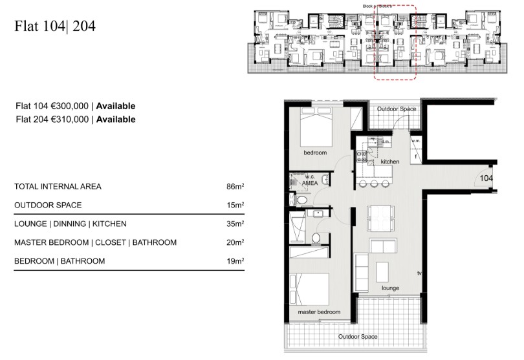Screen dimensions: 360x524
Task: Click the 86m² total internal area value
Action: (x=235, y=187)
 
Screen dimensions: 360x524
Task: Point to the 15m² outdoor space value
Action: (x=235, y=206)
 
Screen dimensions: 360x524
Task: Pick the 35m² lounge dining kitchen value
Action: (x=235, y=224)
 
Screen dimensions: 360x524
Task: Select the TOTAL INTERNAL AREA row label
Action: (x=58, y=187)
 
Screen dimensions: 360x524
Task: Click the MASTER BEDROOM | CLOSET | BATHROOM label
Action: (x=95, y=242)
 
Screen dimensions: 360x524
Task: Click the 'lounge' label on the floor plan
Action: (x=390, y=288)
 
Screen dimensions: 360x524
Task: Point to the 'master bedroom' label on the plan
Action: (x=319, y=312)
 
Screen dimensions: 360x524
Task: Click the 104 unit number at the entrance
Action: (x=486, y=178)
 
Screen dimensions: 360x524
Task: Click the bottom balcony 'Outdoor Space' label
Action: (x=357, y=337)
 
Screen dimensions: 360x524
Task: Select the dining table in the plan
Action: (x=381, y=217)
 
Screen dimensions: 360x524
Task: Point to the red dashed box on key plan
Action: (x=395, y=42)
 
